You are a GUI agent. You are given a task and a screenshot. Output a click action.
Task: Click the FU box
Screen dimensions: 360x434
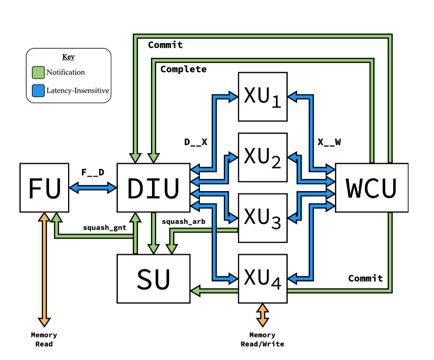pos(44,188)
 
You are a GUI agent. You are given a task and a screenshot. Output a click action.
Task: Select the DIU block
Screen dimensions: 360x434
pos(153,188)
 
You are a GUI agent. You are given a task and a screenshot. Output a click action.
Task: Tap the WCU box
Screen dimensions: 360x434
pos(371,188)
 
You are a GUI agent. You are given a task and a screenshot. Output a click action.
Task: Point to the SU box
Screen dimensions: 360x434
pos(153,279)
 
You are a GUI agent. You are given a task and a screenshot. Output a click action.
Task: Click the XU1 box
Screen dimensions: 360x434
pos(263,97)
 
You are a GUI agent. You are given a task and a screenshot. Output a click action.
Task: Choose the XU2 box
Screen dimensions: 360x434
pos(263,157)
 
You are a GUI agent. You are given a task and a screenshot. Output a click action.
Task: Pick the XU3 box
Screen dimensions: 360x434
pos(263,218)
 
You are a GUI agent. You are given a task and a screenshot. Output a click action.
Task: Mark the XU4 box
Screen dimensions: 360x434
pos(263,279)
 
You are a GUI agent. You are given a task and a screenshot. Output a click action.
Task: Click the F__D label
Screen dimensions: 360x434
pos(93,172)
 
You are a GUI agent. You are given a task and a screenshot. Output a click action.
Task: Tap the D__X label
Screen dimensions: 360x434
pos(196,142)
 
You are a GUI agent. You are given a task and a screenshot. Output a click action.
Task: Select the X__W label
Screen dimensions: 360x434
pos(329,142)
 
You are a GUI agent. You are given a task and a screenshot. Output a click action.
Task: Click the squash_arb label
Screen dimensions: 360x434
pos(184,221)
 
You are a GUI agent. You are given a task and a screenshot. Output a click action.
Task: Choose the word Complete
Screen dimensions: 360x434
pos(184,69)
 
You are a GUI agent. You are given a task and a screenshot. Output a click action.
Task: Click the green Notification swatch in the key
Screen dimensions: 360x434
pos(38,72)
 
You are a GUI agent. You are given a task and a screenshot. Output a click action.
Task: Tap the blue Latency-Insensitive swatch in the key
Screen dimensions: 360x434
pos(38,91)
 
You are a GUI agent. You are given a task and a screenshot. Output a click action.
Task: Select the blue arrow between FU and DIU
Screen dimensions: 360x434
pos(93,186)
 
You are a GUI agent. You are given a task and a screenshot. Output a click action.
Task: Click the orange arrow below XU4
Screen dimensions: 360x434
pos(262,315)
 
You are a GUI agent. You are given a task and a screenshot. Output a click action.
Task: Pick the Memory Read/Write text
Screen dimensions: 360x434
pos(262,339)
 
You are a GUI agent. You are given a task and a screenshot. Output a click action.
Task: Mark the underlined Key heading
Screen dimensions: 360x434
pos(68,57)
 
